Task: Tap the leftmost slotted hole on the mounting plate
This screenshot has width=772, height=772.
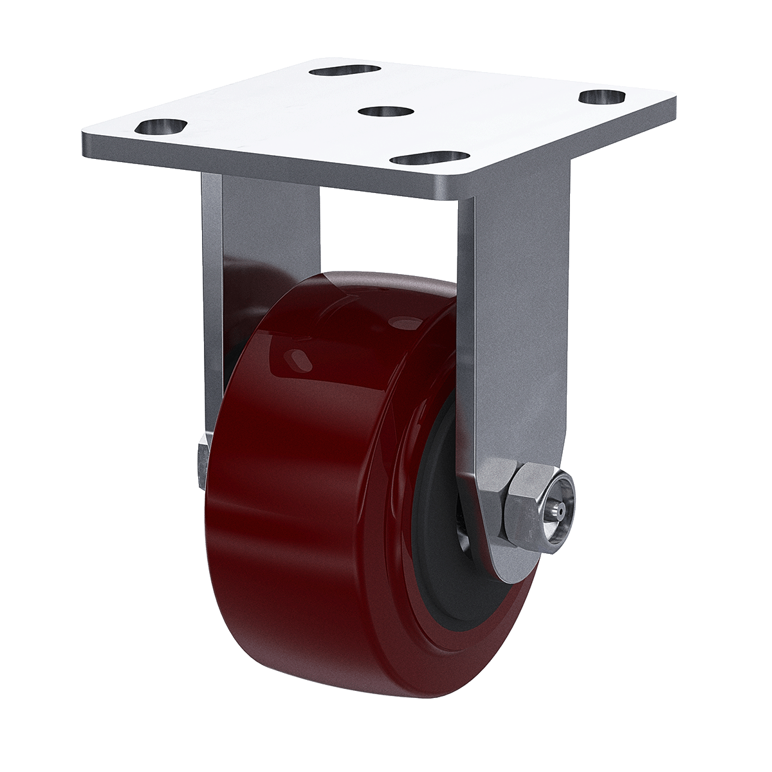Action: (161, 125)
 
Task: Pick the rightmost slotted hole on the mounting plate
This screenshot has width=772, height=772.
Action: (602, 96)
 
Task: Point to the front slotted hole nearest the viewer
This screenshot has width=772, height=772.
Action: (431, 157)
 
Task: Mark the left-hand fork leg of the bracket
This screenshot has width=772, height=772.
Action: (212, 289)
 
